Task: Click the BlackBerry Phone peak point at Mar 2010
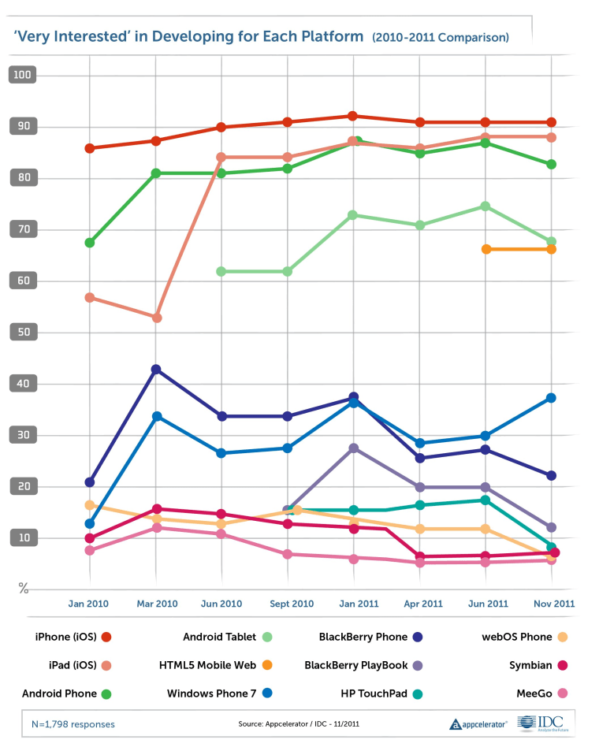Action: [156, 370]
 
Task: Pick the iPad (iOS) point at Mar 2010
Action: [156, 318]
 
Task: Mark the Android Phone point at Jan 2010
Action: [90, 243]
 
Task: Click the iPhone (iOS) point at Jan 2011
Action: [353, 116]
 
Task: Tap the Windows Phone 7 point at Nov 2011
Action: [552, 398]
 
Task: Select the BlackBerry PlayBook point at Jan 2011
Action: [353, 448]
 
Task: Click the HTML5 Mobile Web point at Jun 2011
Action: [486, 249]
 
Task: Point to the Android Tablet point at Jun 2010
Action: [221, 271]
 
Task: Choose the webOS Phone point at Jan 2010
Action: [90, 505]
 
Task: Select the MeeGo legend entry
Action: [541, 693]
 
